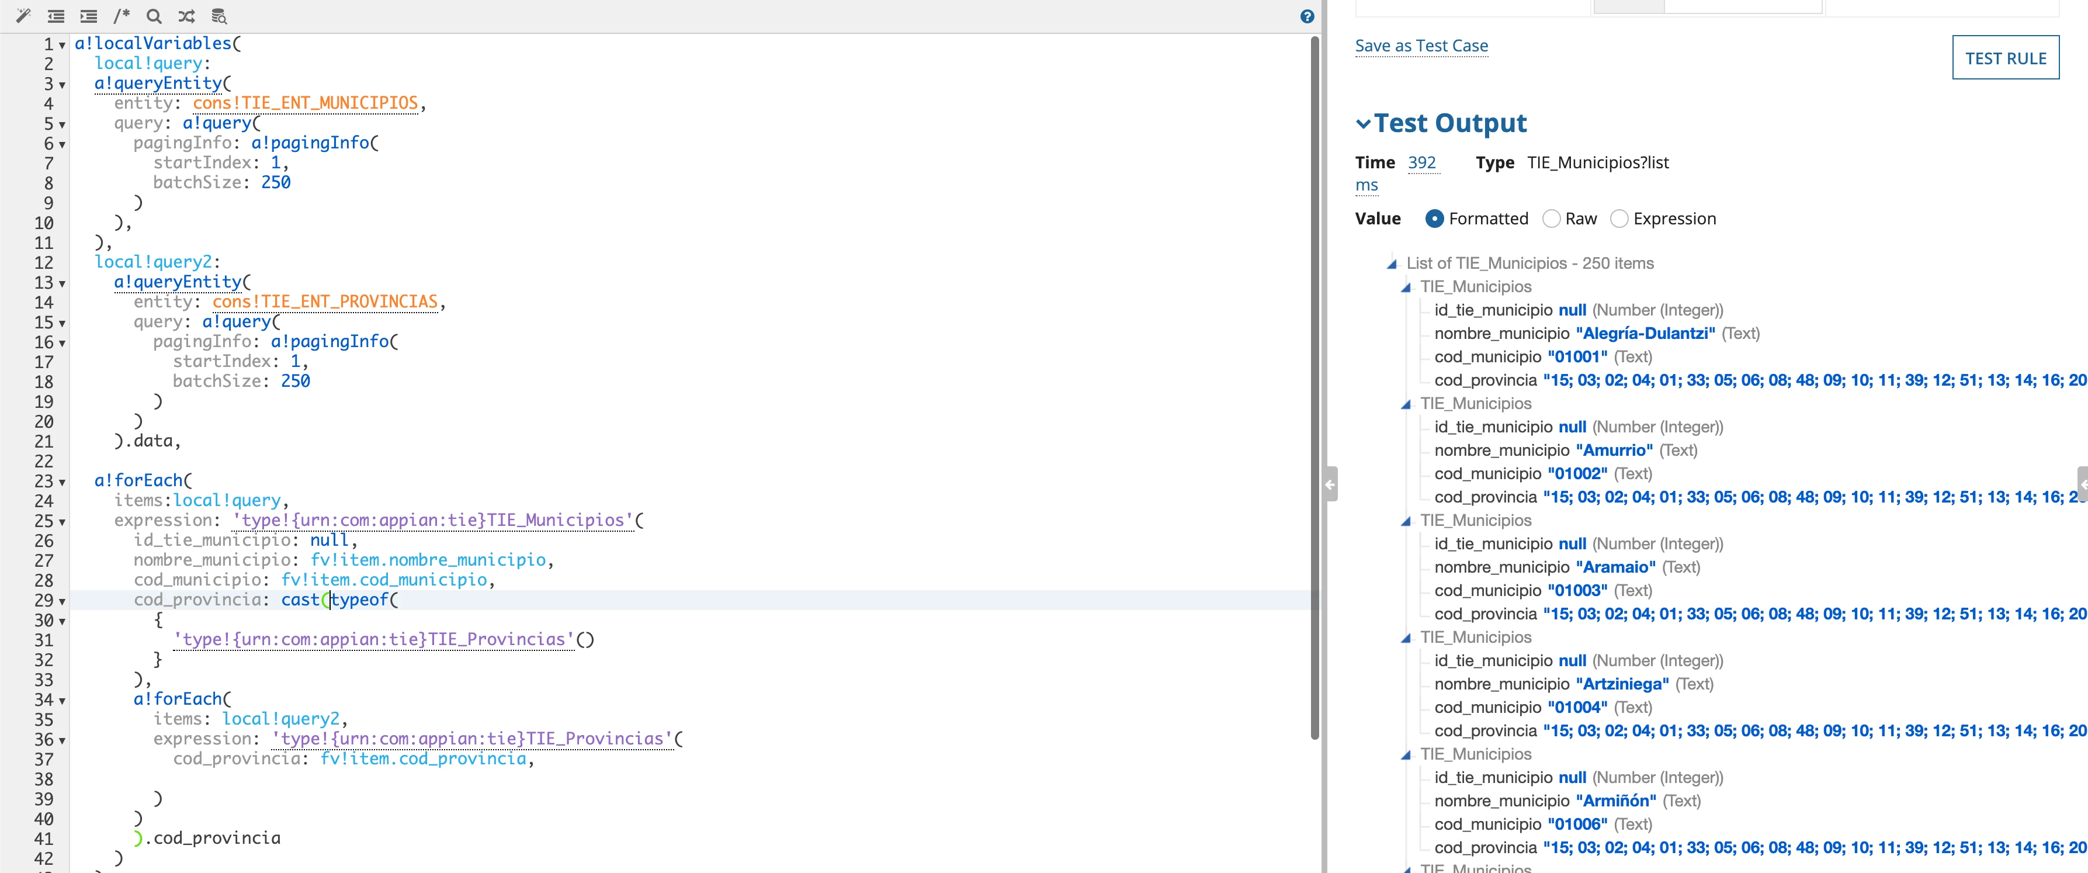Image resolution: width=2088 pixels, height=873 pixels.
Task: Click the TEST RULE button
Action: pyautogui.click(x=2005, y=57)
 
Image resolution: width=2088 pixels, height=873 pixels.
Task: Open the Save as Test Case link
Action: pyautogui.click(x=1421, y=46)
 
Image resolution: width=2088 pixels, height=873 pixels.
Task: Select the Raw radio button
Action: pyautogui.click(x=1551, y=219)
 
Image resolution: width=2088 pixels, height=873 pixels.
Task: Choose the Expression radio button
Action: pyautogui.click(x=1619, y=219)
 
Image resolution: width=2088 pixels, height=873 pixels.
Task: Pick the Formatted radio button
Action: pyautogui.click(x=1434, y=219)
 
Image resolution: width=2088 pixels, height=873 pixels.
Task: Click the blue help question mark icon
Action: pyautogui.click(x=1307, y=16)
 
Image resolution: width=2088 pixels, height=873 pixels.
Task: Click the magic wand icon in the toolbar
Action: pyautogui.click(x=23, y=15)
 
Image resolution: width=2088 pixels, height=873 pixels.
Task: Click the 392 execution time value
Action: pyautogui.click(x=1422, y=163)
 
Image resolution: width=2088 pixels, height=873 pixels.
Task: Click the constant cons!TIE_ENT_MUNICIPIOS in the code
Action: pyautogui.click(x=306, y=103)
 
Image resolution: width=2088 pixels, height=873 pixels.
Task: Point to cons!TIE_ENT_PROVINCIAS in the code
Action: pyautogui.click(x=325, y=302)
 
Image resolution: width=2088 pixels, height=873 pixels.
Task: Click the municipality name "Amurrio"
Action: pyautogui.click(x=1614, y=451)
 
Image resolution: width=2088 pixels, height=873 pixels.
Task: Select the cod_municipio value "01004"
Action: pyautogui.click(x=1577, y=708)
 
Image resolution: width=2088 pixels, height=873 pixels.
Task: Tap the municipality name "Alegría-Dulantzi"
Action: pyautogui.click(x=1645, y=333)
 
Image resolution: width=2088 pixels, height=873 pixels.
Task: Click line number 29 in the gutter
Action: pyautogui.click(x=44, y=601)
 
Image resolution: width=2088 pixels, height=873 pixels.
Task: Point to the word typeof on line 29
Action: pyautogui.click(x=360, y=600)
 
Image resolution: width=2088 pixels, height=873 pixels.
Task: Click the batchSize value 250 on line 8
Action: pyautogui.click(x=276, y=182)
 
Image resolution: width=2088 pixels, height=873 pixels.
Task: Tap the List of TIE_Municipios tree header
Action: pyautogui.click(x=1530, y=264)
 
